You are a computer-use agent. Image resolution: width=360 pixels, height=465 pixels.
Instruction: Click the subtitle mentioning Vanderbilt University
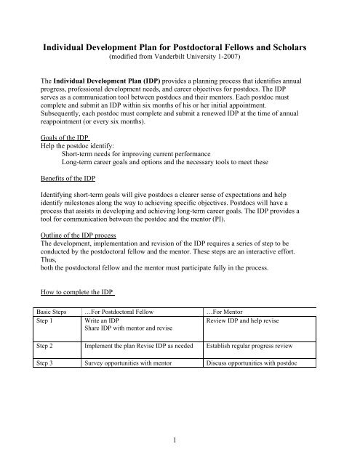pos(180,57)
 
